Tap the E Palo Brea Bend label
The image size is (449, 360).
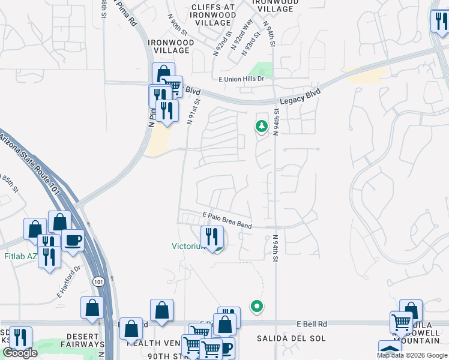(x=227, y=220)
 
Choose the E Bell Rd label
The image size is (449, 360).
(x=311, y=323)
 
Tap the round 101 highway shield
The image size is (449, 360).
(x=98, y=281)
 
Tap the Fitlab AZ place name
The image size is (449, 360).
(x=20, y=256)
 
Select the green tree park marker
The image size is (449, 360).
(x=261, y=126)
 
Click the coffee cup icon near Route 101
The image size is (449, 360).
(x=73, y=240)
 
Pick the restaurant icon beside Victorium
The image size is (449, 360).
(x=211, y=236)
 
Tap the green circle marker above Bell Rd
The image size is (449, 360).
(x=257, y=306)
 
